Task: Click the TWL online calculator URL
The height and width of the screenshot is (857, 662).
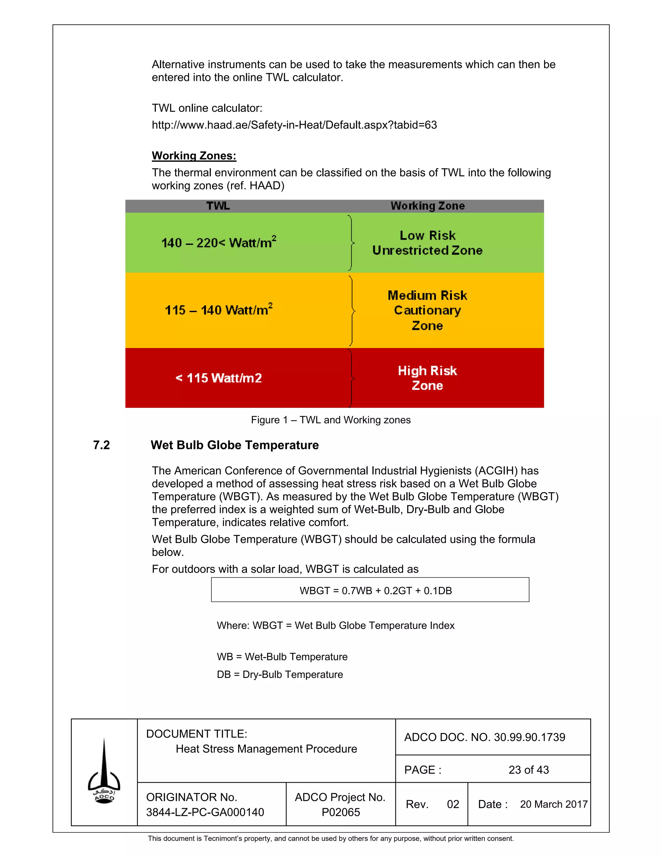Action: tap(294, 125)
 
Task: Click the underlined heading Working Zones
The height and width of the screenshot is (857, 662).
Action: tap(194, 156)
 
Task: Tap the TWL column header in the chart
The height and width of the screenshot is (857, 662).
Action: tap(218, 206)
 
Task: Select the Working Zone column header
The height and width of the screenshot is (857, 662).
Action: tap(427, 206)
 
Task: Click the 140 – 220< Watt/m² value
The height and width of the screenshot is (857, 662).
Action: tap(219, 243)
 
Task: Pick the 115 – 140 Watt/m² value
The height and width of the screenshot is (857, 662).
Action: tap(219, 310)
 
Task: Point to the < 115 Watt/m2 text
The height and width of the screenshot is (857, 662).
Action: tap(219, 378)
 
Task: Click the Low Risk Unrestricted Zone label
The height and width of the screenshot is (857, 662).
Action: tap(427, 243)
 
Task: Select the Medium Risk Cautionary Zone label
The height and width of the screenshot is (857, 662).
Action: tap(427, 310)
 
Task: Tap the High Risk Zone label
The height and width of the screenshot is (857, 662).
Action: tap(427, 378)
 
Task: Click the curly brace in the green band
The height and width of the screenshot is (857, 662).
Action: tap(351, 243)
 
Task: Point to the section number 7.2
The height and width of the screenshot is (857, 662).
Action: tap(101, 445)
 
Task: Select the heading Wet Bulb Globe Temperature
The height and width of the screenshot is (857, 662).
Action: tap(235, 445)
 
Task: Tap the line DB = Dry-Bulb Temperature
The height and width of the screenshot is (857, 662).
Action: tap(280, 674)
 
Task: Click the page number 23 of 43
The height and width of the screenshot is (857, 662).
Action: tap(528, 770)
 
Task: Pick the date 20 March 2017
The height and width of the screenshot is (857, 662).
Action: tap(553, 804)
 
